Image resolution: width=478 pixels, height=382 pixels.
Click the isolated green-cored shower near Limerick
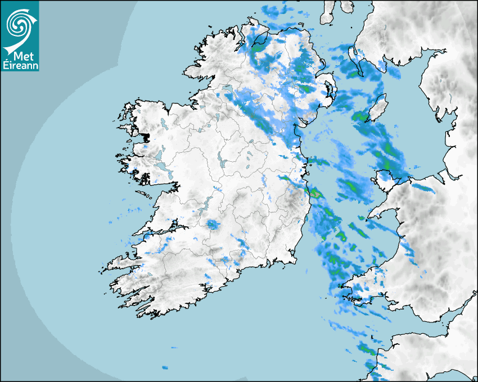(x=212, y=225)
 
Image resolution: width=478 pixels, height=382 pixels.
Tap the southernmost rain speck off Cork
(x=165, y=367)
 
